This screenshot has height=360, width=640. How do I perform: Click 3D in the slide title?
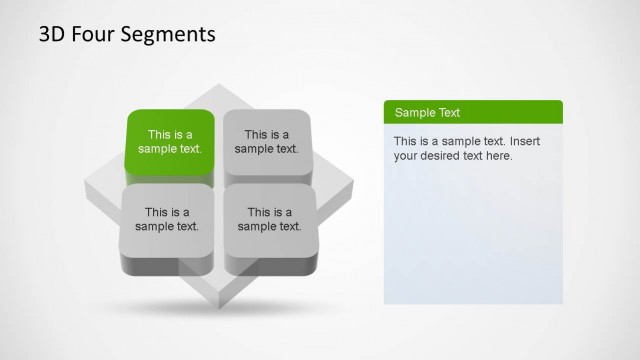click(x=52, y=35)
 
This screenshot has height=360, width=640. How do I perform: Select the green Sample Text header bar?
click(x=473, y=112)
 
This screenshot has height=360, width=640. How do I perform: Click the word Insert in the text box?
click(x=529, y=141)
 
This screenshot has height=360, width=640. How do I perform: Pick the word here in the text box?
click(x=498, y=156)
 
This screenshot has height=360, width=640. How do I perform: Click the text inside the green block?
click(x=170, y=142)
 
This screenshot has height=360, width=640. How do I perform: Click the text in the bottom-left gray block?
click(x=167, y=219)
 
